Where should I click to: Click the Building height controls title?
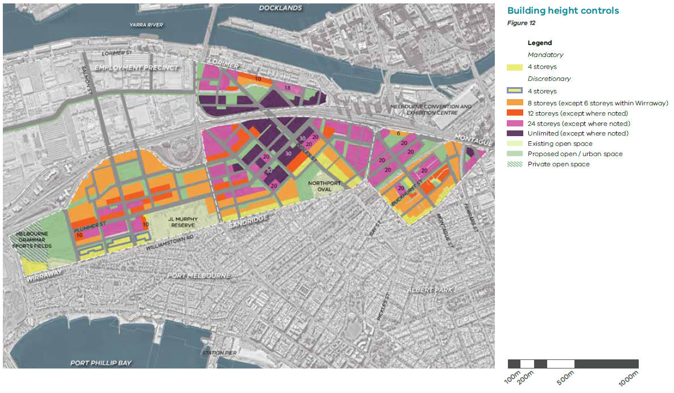563,11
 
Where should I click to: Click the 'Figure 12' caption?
521,23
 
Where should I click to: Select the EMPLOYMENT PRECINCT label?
137,68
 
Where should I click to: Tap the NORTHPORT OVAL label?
324,187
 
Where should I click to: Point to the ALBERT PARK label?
431,290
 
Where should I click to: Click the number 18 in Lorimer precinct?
287,88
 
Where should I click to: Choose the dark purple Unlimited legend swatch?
515,133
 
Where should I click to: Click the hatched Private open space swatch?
515,164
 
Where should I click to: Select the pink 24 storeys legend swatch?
515,123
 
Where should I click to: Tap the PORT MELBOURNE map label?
199,276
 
